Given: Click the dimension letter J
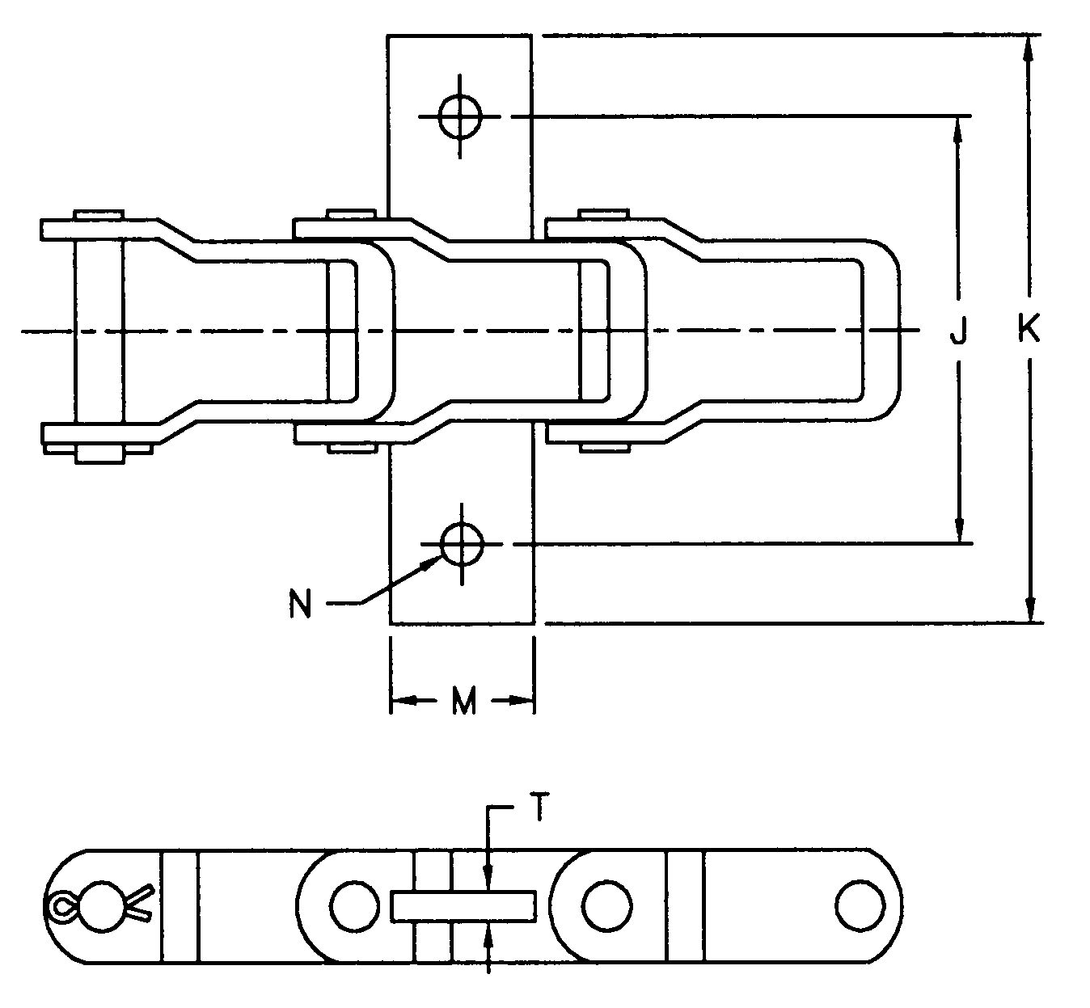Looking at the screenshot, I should click(958, 331).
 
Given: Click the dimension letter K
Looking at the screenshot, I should click(1029, 330).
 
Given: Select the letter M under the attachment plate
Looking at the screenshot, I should click(463, 702).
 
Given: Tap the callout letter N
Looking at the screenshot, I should click(300, 605).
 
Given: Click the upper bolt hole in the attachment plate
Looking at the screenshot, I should click(460, 117).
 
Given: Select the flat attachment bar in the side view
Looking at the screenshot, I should click(463, 905).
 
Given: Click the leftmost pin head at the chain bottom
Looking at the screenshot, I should click(100, 453).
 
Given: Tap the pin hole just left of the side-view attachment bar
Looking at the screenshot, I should click(353, 905).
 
